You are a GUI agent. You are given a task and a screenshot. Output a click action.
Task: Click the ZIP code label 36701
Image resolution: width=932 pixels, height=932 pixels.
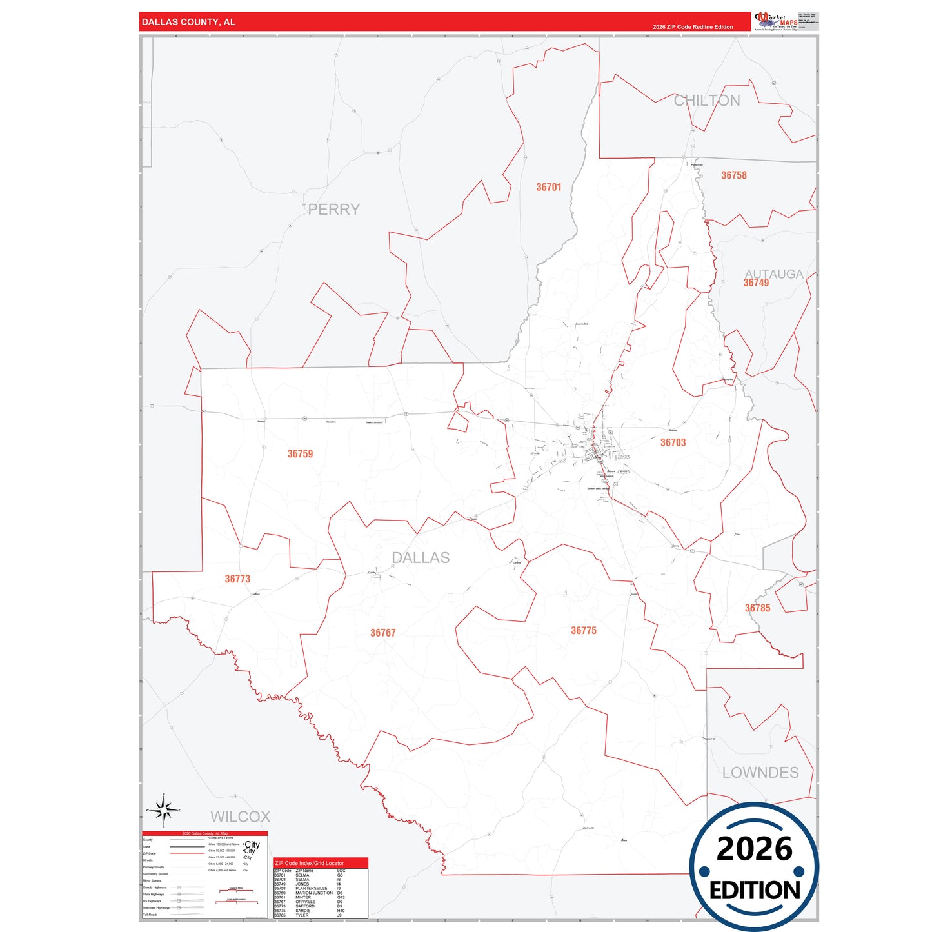pyautogui.click(x=549, y=187)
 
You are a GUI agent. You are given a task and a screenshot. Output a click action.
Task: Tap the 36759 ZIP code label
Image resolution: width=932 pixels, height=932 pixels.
pyautogui.click(x=300, y=454)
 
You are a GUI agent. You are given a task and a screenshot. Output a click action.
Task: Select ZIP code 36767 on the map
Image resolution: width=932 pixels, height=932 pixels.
pyautogui.click(x=382, y=633)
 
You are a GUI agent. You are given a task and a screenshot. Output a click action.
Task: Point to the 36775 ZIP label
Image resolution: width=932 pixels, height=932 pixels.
pyautogui.click(x=583, y=630)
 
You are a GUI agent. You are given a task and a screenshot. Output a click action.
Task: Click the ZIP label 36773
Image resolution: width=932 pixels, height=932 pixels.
pyautogui.click(x=237, y=579)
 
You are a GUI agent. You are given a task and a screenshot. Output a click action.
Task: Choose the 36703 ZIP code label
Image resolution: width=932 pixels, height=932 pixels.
pyautogui.click(x=673, y=442)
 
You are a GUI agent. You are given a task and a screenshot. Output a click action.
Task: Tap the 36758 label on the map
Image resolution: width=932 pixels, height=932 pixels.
pyautogui.click(x=733, y=175)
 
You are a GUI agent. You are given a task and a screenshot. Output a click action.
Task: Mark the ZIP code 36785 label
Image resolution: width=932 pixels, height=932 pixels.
pyautogui.click(x=757, y=608)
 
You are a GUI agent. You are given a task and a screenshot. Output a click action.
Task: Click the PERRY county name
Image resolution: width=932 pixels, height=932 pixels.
pyautogui.click(x=333, y=210)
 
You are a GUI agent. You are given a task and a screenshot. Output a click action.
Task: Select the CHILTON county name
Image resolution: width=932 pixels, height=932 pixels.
pyautogui.click(x=707, y=101)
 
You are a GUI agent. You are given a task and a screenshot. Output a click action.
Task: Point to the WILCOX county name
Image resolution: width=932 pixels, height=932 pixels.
pyautogui.click(x=240, y=817)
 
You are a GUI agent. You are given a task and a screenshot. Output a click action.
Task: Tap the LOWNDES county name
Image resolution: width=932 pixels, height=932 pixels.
pyautogui.click(x=760, y=772)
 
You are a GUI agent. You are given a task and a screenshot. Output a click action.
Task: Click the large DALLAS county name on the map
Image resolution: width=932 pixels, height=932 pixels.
pyautogui.click(x=421, y=558)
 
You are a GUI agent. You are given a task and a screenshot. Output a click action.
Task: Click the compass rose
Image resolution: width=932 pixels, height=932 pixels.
pyautogui.click(x=164, y=809)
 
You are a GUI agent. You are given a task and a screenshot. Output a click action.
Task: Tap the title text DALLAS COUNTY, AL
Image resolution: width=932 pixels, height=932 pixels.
pyautogui.click(x=188, y=22)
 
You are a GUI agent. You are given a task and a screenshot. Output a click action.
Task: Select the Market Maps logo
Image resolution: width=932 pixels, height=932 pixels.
pyautogui.click(x=776, y=21)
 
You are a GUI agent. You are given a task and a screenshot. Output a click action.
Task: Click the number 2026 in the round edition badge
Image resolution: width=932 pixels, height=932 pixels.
pyautogui.click(x=754, y=849)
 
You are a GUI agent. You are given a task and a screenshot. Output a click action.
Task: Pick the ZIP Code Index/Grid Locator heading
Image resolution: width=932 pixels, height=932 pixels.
pyautogui.click(x=309, y=863)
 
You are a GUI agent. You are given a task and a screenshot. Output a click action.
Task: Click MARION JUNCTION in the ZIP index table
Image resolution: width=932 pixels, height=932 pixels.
pyautogui.click(x=314, y=893)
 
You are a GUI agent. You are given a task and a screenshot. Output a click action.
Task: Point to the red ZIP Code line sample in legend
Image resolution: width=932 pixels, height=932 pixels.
pyautogui.click(x=187, y=853)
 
